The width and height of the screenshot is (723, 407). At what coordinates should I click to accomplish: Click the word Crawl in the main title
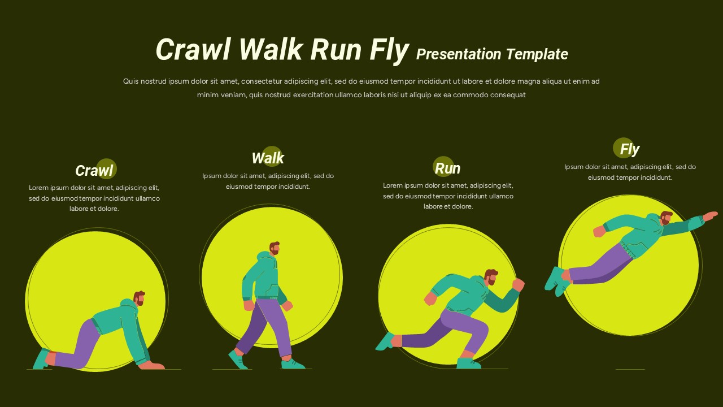tap(193, 50)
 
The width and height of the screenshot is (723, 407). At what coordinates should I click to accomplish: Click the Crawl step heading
tap(94, 170)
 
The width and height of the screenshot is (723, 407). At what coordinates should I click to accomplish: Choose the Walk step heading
tap(268, 158)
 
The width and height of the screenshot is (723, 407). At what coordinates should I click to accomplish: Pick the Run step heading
tap(447, 168)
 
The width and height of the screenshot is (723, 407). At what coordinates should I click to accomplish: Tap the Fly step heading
tap(629, 149)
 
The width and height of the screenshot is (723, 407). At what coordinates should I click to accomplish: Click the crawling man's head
tap(139, 298)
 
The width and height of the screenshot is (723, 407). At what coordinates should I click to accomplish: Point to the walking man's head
tap(275, 249)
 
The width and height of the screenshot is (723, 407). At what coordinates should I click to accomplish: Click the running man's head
tap(491, 277)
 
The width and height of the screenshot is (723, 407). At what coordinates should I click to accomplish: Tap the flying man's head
tap(667, 218)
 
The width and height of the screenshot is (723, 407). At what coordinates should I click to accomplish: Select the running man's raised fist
tap(518, 284)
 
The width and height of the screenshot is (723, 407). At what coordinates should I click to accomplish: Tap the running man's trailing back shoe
tap(387, 341)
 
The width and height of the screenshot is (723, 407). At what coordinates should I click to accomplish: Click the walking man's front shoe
tap(293, 364)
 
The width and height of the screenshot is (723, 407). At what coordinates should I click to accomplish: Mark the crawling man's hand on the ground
tap(151, 365)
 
